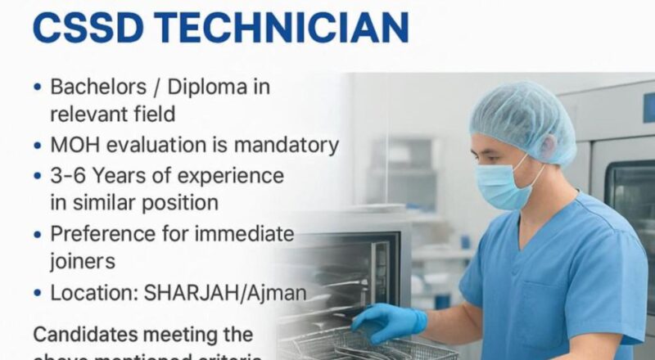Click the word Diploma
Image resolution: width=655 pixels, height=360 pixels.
point(223,87)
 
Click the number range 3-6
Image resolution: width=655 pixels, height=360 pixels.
point(69,175)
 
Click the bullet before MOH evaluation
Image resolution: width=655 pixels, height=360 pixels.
point(38,146)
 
